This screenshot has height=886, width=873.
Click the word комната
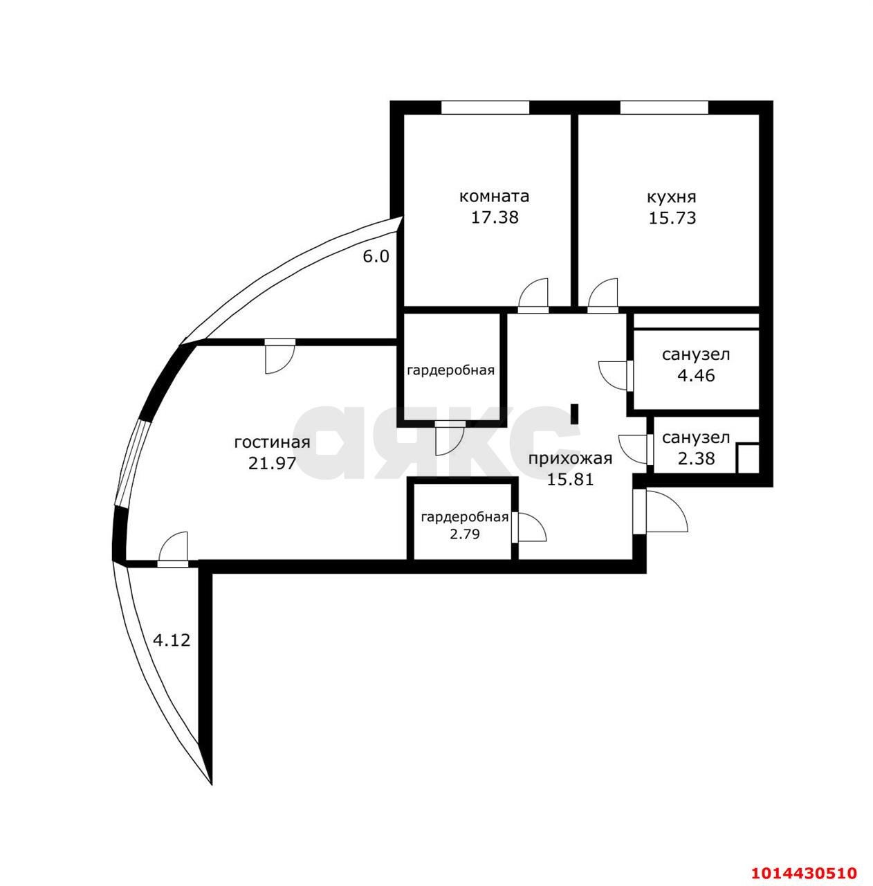tap(494, 197)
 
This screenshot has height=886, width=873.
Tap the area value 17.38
tap(495, 217)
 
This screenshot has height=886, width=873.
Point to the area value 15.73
tap(672, 218)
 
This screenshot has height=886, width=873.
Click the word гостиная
tap(272, 443)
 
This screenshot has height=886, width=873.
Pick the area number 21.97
tap(273, 464)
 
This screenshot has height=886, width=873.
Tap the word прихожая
tap(570, 459)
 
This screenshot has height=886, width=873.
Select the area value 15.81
tap(571, 480)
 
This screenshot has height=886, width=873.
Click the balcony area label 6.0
tap(376, 257)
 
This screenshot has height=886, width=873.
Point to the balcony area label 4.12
tap(171, 640)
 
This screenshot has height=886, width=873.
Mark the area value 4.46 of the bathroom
tap(696, 376)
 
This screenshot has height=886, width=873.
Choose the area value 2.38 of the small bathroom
tap(696, 458)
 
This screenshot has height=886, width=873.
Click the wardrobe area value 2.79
tap(465, 534)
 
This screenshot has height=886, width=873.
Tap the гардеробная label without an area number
tap(450, 370)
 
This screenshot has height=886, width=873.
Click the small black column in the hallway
tap(574, 414)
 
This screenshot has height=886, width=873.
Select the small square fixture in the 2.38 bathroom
tap(748, 458)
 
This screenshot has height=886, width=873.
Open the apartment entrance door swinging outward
tap(661, 512)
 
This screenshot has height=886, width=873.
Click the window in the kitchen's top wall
tap(664, 107)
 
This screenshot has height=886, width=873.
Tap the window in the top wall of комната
tap(486, 107)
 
